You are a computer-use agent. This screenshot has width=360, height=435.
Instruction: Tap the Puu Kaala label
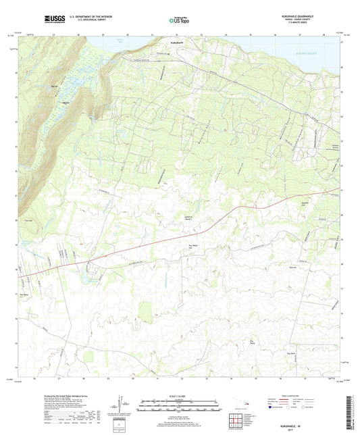(x=291, y=353)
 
